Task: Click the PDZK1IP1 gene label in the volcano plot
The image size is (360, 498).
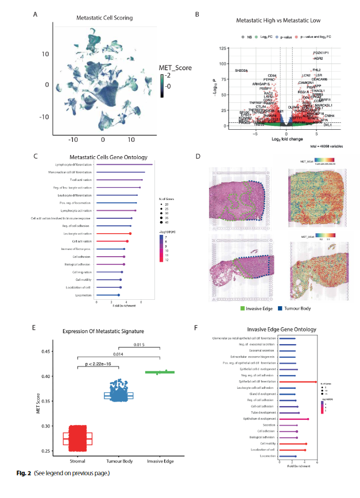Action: (321, 52)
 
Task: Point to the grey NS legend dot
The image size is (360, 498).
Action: (243, 37)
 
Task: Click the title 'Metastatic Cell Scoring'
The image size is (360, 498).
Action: (102, 18)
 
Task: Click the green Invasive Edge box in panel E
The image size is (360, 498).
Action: (158, 372)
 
